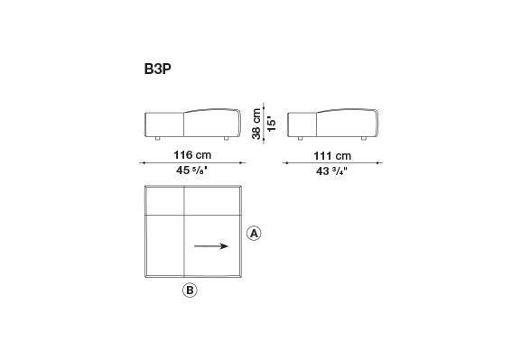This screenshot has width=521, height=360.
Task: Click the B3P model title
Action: click(158, 69)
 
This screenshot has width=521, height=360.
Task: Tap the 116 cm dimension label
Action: click(192, 155)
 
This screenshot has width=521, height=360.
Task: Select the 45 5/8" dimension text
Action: click(192, 171)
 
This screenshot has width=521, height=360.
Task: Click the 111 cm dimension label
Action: click(332, 156)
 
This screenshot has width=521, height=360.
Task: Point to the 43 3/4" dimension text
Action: click(331, 171)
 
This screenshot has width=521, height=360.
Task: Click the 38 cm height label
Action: click(256, 124)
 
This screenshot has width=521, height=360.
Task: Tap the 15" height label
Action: click(272, 124)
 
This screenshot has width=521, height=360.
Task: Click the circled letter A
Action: click(254, 234)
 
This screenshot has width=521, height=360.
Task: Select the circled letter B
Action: click(190, 291)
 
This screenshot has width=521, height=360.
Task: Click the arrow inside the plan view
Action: click(211, 246)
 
